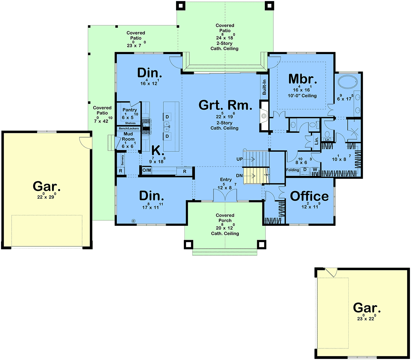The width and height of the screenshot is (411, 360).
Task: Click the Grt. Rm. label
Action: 225,105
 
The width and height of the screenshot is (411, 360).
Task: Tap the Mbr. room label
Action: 302,79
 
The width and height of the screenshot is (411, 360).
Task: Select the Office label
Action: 309,196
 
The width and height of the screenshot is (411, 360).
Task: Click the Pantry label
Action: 129,110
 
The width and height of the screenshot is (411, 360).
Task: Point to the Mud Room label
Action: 128,136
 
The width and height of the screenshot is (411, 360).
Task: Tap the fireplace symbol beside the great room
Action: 264,116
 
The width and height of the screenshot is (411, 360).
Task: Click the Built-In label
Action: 264,87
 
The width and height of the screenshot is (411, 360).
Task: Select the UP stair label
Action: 239,159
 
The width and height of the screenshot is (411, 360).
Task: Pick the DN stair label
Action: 239,176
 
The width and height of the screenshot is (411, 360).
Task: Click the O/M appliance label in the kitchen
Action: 147,170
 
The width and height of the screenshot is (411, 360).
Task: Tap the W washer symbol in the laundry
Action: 315,169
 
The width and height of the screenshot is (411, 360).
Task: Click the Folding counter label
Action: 292,170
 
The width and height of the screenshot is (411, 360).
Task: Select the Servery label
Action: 123,160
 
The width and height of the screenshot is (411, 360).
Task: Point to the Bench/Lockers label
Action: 129,128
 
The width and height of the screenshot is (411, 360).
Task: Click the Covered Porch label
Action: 225,218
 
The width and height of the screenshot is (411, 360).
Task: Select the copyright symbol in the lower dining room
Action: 133,221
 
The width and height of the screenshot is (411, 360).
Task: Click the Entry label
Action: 226,179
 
